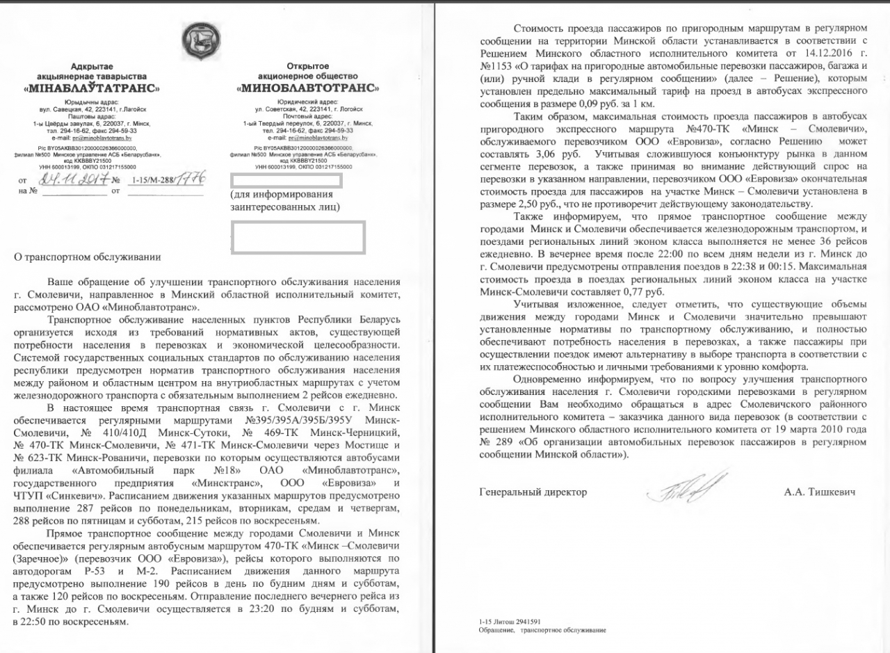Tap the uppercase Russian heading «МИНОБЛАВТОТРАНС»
(308, 88)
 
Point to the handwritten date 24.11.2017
(73, 181)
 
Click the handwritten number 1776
(189, 179)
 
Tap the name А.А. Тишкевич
(819, 492)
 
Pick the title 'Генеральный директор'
(533, 492)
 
